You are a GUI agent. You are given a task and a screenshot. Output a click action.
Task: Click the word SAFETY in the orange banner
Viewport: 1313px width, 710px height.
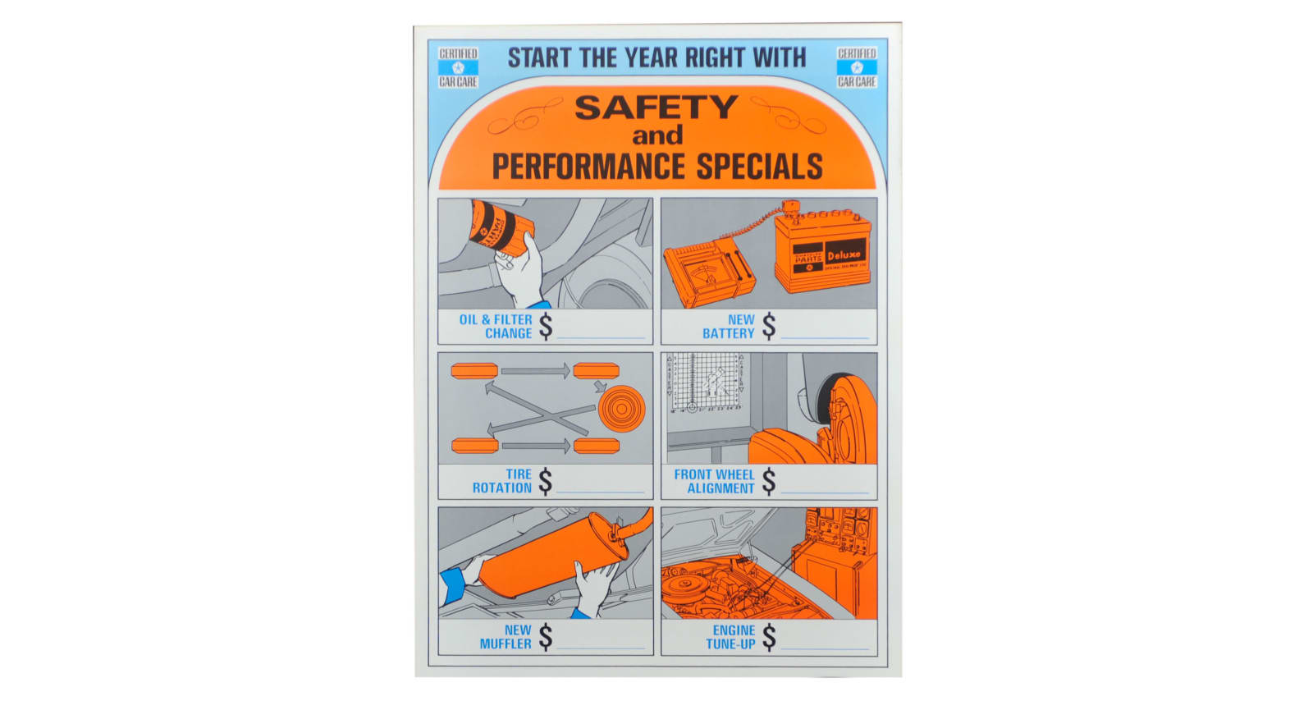click(656, 108)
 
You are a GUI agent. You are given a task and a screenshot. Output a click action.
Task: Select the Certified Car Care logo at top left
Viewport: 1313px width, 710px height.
click(458, 67)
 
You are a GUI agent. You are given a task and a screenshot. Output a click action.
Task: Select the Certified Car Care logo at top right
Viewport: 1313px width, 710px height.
click(856, 67)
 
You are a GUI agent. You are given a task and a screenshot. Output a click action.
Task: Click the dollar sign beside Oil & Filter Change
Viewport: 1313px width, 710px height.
click(545, 326)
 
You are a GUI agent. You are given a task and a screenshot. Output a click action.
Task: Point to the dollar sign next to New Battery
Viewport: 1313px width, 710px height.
click(768, 326)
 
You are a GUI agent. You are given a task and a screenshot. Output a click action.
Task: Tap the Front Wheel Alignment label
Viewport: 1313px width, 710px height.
click(713, 481)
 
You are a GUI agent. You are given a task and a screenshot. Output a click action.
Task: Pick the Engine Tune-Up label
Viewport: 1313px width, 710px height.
click(730, 637)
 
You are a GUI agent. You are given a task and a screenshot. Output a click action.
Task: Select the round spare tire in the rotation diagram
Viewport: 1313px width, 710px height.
click(621, 408)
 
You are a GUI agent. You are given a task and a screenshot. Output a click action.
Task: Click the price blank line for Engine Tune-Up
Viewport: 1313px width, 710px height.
click(825, 648)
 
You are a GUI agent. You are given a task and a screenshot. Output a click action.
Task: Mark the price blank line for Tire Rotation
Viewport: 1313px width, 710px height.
click(601, 492)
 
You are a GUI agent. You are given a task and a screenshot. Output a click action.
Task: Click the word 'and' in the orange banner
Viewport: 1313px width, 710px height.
click(656, 135)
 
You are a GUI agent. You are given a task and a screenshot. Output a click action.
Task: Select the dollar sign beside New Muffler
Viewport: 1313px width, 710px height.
click(545, 637)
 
